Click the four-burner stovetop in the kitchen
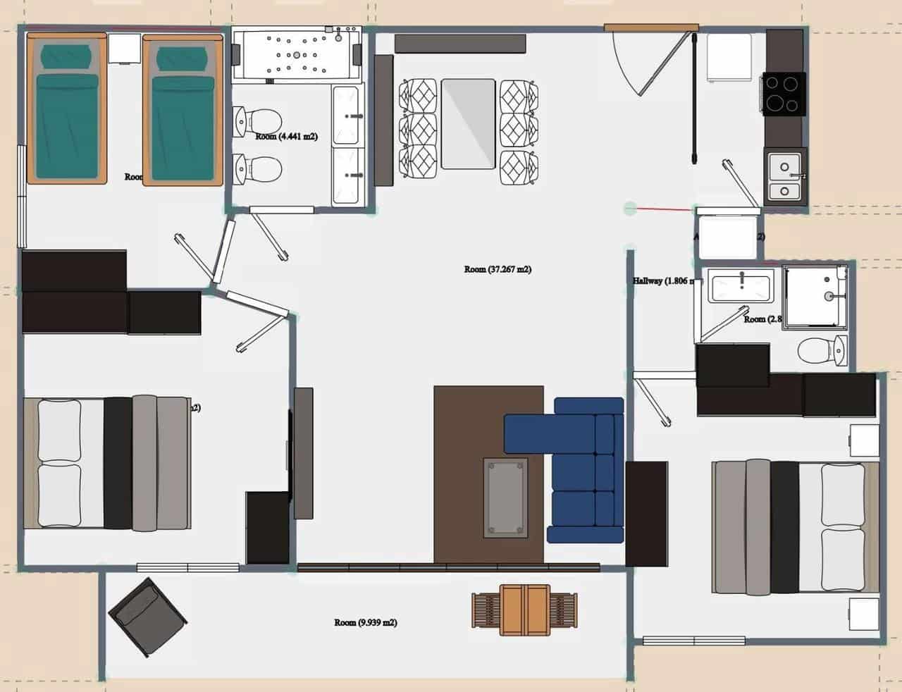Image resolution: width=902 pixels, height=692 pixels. (x=783, y=93)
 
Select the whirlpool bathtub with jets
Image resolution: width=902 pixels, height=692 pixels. (x=297, y=54)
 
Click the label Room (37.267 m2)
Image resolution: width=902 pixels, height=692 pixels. (x=498, y=269)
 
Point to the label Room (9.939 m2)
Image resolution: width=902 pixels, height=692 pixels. (x=366, y=622)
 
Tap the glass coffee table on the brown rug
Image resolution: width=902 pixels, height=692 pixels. (x=505, y=497)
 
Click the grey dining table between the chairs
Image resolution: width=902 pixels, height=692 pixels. (x=468, y=123)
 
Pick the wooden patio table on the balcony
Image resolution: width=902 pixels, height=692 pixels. (x=525, y=610)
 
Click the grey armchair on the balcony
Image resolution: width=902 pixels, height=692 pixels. (x=148, y=617)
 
